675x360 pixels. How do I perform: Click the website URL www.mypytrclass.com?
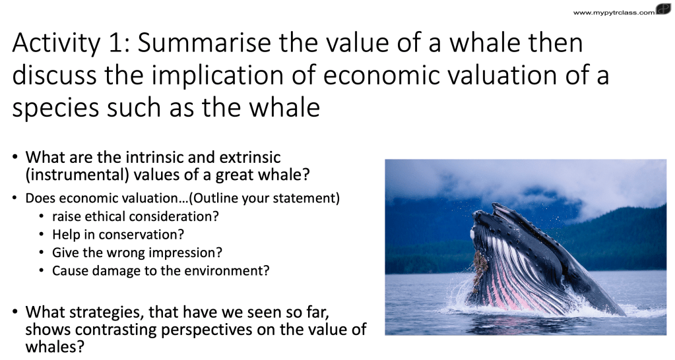[614, 13]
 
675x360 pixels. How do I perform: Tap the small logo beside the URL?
[663, 9]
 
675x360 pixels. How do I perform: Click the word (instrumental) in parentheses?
[77, 175]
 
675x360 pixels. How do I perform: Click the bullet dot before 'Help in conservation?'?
[42, 235]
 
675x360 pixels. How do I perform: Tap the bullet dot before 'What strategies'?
[15, 311]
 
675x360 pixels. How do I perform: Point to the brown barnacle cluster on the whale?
[480, 266]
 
